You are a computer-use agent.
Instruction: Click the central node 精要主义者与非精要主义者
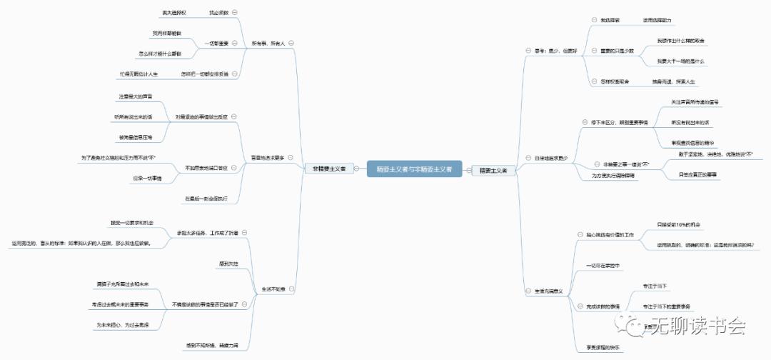pyautogui.click(x=413, y=169)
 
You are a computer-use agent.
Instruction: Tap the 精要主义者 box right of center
pyautogui.click(x=493, y=170)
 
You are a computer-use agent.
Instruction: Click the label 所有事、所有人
pyautogui.click(x=268, y=44)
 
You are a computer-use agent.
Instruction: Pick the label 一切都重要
pyautogui.click(x=216, y=44)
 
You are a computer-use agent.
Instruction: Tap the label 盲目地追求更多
pyautogui.click(x=267, y=156)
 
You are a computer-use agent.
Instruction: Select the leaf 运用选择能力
pyautogui.click(x=657, y=20)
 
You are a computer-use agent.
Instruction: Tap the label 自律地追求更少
pyautogui.click(x=550, y=157)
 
